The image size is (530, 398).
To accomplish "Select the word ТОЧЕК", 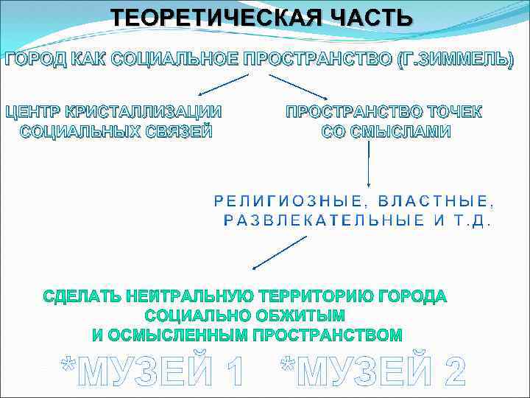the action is tap(449, 113).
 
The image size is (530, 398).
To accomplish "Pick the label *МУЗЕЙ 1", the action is tap(152, 370).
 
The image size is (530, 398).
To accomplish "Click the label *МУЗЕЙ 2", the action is tap(372, 370).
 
